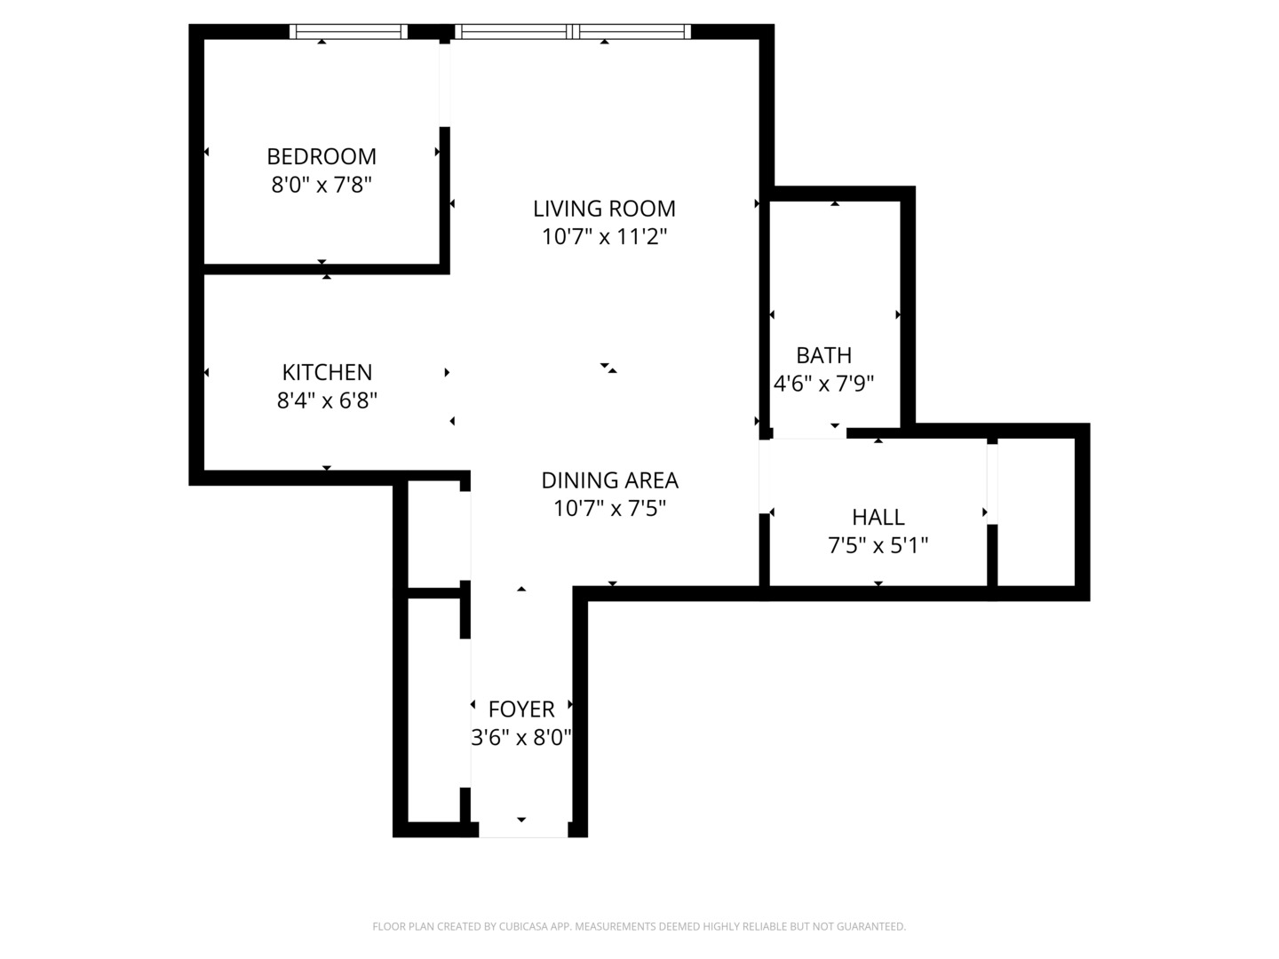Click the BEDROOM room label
pos(322,156)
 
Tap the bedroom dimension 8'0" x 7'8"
pos(322,185)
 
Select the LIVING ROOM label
pos(604,209)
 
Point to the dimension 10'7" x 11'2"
pos(604,237)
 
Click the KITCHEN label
pos(327,372)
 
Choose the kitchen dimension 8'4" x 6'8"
pos(327,400)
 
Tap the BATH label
pos(823,355)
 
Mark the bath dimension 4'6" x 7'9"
pos(823,384)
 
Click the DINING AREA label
pos(609,480)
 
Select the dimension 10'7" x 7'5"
pos(609,509)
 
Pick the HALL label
pos(878,517)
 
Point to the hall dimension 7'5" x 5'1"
pos(878,545)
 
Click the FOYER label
pos(521,709)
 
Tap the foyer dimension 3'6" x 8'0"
pos(521,737)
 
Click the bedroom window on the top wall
pos(348,32)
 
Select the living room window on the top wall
pos(573,32)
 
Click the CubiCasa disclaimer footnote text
pos(639,926)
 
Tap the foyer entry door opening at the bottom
pos(523,830)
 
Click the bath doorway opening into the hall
pos(807,433)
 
